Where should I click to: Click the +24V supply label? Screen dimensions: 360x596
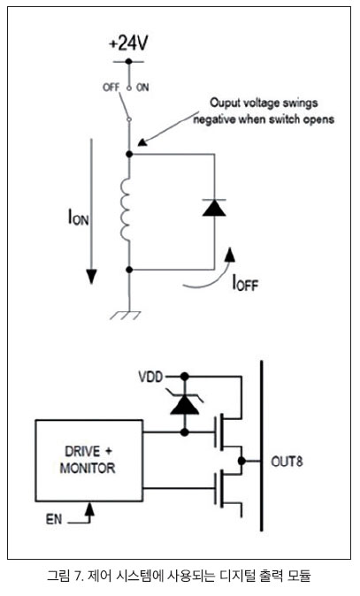[x=128, y=43]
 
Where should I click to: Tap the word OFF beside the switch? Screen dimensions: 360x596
[x=111, y=88]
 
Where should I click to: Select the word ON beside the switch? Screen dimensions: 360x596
[x=142, y=88]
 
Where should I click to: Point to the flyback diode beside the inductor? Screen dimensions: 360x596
[x=214, y=208]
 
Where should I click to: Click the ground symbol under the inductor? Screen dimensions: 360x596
[x=126, y=316]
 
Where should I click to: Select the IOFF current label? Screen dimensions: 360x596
[x=245, y=283]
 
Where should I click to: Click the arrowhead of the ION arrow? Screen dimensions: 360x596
[x=91, y=277]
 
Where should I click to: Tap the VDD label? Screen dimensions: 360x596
[x=150, y=377]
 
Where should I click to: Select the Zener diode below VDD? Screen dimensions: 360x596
[x=185, y=404]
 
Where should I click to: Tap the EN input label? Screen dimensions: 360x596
[x=54, y=519]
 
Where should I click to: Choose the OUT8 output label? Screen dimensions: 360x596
[x=287, y=462]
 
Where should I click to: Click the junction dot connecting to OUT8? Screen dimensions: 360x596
[x=241, y=461]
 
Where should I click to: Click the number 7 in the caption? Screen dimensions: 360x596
[x=78, y=576]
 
